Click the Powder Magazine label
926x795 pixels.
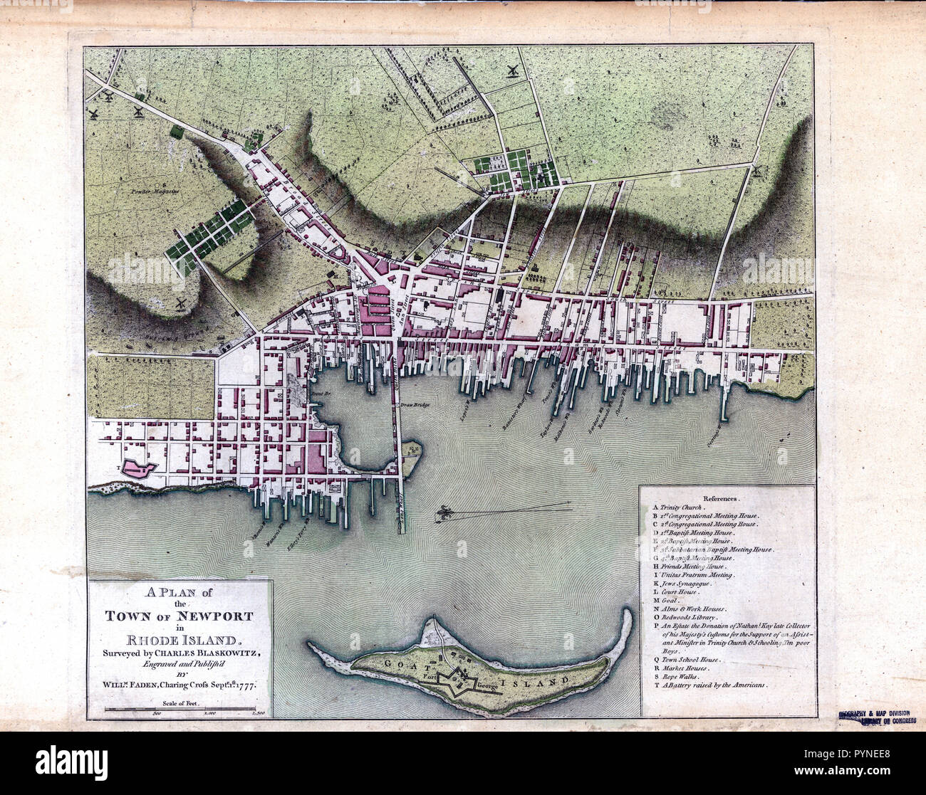pyautogui.click(x=158, y=191)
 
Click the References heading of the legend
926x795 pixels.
pyautogui.click(x=722, y=500)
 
